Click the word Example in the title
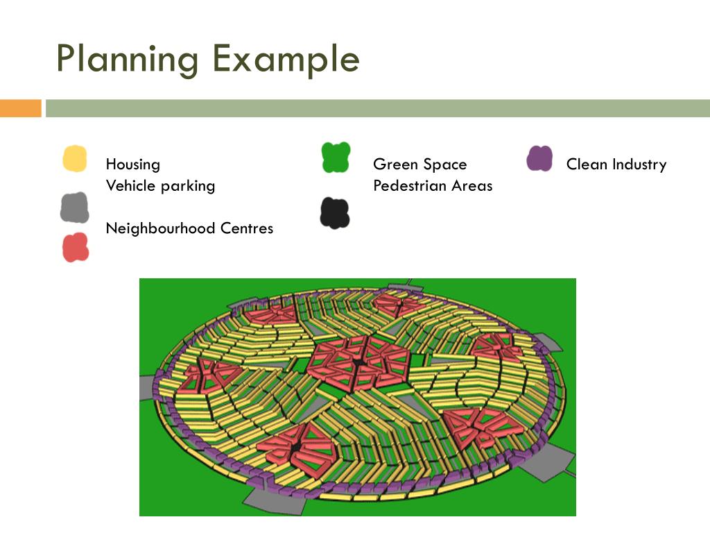pos(286,60)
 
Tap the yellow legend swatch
pos(75,159)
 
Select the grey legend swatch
pos(74,207)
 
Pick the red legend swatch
pos(76,248)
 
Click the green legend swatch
pos(336,157)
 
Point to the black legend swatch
pos(335,213)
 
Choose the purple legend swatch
pos(539,158)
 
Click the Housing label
pos(132,164)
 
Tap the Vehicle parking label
pos(160,186)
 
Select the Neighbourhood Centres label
pos(189,228)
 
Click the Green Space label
pos(419,164)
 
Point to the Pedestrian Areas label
pos(433,186)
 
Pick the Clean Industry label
pos(616,164)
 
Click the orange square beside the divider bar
pos(20,108)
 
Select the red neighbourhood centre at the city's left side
pos(208,375)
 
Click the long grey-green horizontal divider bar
pos(378,108)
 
